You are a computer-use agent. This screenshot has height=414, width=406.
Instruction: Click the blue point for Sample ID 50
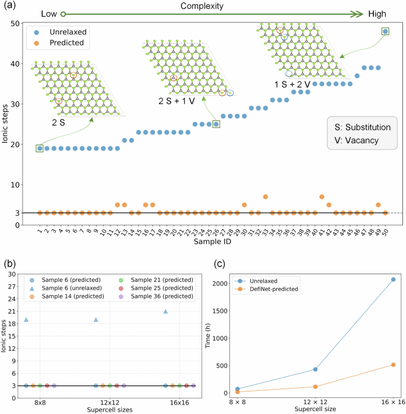385,31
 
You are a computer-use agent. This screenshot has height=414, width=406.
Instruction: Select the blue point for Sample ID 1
40,148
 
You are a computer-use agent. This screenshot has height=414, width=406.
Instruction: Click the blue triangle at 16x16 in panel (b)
166,311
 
